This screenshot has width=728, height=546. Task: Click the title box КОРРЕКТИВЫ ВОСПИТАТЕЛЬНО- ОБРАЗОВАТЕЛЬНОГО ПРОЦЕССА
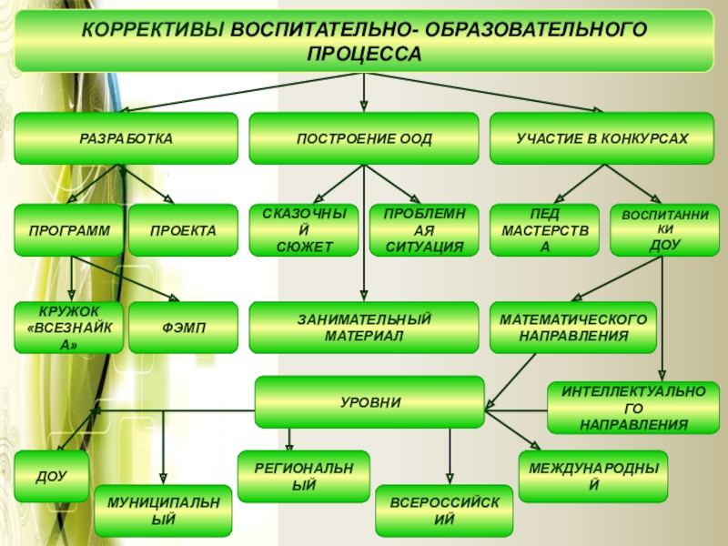point(364,41)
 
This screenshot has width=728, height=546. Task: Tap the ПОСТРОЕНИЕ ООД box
point(364,138)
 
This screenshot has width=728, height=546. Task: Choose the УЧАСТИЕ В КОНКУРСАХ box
point(602,138)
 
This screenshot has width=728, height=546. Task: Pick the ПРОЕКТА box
point(184,230)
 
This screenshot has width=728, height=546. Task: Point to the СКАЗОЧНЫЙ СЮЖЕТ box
point(305,230)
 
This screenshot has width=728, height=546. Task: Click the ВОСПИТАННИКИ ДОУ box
point(664,229)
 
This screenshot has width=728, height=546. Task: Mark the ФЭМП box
point(184,328)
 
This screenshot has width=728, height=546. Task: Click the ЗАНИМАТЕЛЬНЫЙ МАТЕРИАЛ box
point(364,328)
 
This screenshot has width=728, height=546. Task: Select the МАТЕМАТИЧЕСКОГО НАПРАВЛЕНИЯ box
point(573,328)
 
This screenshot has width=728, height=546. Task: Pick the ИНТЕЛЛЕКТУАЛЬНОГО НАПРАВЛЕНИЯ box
point(633,408)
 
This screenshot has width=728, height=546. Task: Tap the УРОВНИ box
point(369,401)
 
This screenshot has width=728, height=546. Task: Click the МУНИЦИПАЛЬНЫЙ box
point(164,511)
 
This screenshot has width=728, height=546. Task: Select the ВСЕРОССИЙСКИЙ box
point(444,511)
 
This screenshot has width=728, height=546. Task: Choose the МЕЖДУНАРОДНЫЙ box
point(593,476)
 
